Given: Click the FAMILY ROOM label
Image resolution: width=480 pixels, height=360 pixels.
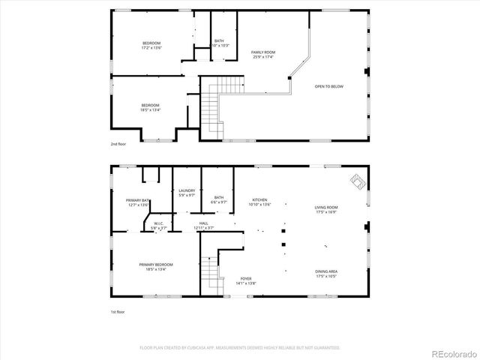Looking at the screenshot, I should point(262,55).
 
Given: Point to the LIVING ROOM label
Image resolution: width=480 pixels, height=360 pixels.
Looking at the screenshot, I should point(326,209).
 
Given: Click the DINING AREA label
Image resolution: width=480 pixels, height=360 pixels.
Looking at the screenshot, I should point(326,274).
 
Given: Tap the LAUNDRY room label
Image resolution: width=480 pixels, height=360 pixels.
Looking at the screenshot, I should point(187,193).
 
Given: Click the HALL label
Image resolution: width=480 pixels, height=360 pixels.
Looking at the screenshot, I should point(204,225).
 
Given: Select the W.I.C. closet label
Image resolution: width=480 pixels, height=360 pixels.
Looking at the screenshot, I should point(159,225).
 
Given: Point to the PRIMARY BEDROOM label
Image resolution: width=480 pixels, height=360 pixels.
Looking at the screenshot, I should point(156,266).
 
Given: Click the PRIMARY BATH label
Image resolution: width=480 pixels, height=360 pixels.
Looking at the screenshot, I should point(139,202).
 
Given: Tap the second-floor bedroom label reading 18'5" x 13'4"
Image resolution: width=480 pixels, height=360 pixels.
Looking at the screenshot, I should point(150,107).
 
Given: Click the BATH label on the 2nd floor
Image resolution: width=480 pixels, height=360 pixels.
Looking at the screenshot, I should point(219,43).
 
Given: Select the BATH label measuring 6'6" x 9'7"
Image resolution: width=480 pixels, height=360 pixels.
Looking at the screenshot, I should point(219,200).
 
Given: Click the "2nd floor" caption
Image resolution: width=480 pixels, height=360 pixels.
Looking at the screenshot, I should point(118,142).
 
